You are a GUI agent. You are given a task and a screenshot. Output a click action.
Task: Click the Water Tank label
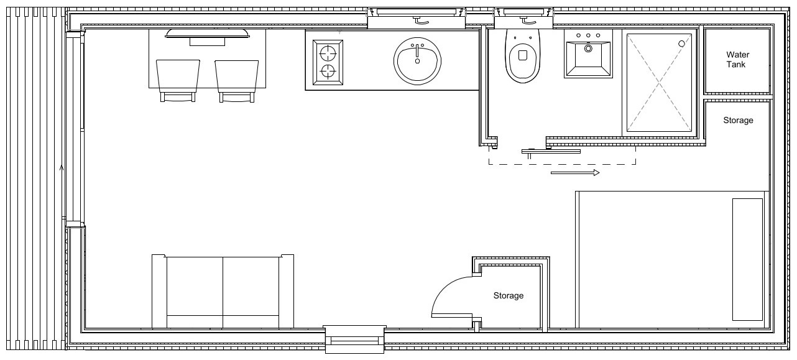pos(737,60)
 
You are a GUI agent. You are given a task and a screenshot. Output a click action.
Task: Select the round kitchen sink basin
pos(417,60)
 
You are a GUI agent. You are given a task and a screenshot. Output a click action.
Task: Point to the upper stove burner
pos(328,51)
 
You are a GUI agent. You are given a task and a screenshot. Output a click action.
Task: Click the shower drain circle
pos(681,44)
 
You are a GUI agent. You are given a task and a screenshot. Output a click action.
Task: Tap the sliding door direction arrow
pos(575,172)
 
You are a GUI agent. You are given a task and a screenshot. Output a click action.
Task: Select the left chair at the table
pos(178,77)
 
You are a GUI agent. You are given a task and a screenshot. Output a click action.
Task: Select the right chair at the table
pos(236,77)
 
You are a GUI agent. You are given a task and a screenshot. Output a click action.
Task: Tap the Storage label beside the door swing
pos(509,296)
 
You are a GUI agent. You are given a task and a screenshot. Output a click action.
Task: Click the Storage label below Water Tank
pos(738,120)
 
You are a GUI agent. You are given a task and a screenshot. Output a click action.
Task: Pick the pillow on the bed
pos(747,259)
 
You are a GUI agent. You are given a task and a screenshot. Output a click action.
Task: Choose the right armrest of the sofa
pos(286,291)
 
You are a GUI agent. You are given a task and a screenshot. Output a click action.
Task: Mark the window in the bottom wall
pos(355,339)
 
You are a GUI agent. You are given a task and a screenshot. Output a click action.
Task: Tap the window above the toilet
pos(523,18)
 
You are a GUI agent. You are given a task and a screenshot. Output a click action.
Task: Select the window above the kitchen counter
pos(416,18)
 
